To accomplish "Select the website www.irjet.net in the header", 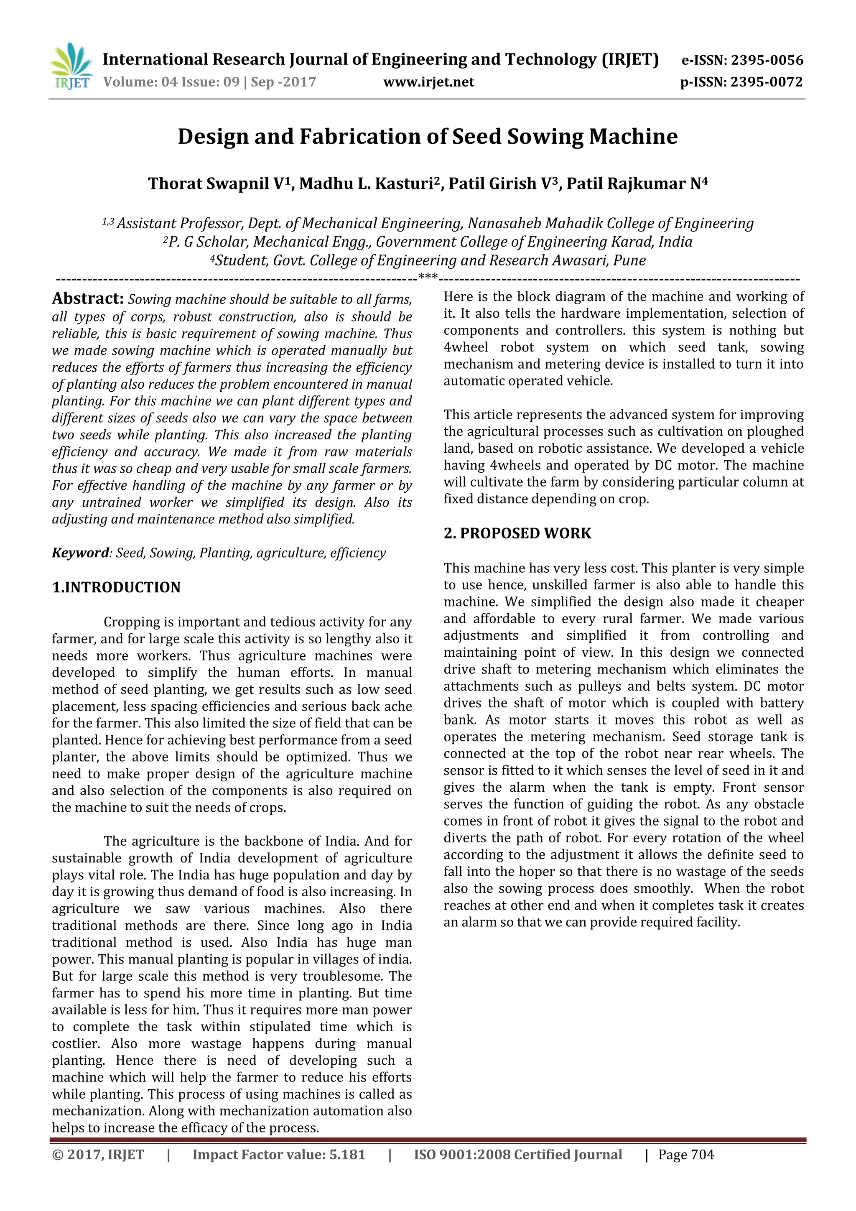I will coord(428,82).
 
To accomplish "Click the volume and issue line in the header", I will coord(209,82).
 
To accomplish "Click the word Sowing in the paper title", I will coord(545,137).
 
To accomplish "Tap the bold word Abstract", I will coord(87,298).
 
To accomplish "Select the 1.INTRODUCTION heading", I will coord(116,588).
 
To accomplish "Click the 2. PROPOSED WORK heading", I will coord(517,533).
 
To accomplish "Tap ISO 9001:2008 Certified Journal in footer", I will coord(517,1155).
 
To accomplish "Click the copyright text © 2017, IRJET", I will coord(98,1155).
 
